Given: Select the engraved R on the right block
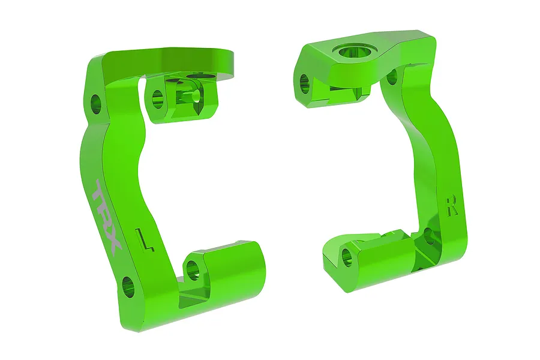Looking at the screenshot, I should click(x=452, y=205).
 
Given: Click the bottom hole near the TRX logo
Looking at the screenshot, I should click(x=128, y=287).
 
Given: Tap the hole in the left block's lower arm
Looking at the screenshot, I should click(x=193, y=267).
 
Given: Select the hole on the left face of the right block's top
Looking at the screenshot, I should click(x=304, y=82).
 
